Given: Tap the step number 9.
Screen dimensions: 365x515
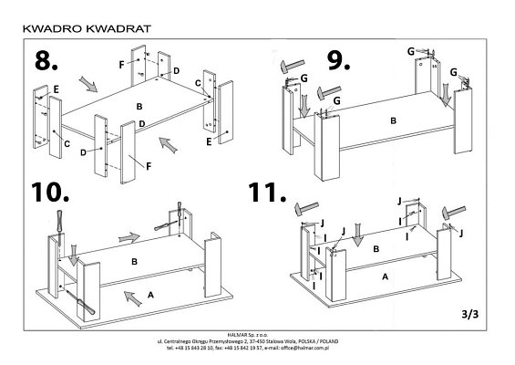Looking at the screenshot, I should tap(339, 61).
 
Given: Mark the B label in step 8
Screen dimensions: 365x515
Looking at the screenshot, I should tap(139, 107).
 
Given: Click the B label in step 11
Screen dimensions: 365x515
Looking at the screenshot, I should tap(376, 246).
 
